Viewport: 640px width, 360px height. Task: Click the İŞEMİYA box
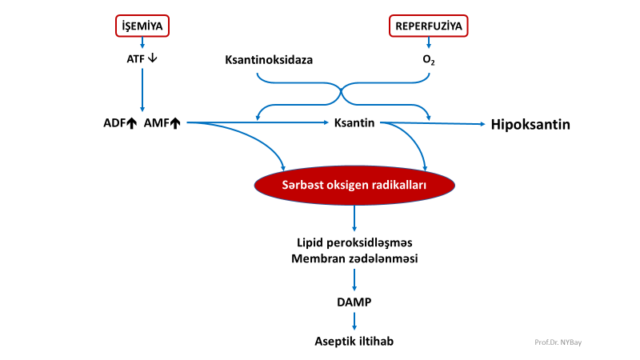(142, 26)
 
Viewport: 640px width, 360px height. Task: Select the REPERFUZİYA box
(429, 26)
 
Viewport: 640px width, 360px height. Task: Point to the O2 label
(429, 59)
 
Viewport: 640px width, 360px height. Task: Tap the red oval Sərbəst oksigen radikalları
(354, 185)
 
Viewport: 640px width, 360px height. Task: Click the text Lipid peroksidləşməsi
(354, 241)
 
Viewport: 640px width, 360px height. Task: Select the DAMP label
(354, 302)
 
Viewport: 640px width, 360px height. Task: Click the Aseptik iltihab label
(354, 341)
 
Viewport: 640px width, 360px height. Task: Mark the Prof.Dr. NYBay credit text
(558, 342)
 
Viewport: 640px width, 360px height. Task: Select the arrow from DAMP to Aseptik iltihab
(354, 321)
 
